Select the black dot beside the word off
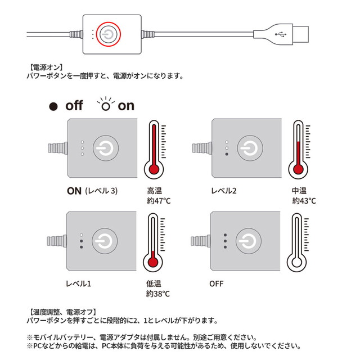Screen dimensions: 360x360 (x=54, y=106)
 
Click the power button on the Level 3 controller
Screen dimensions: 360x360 (x=105, y=148)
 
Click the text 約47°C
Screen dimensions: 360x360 (x=159, y=200)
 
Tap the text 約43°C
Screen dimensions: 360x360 (x=304, y=200)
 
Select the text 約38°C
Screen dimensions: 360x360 (x=159, y=293)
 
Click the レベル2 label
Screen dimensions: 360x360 (x=224, y=190)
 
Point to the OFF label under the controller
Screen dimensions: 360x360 (x=217, y=283)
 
